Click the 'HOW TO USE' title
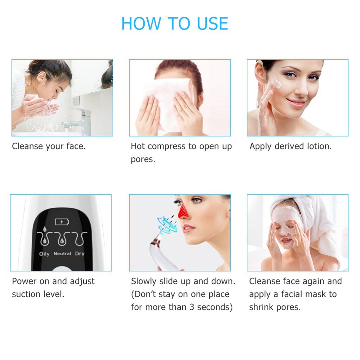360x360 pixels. pos(175,24)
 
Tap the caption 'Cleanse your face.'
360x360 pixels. pos(49,146)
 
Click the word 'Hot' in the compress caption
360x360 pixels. pos(138,146)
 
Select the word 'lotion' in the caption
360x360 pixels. pos(318,146)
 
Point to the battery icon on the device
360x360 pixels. pos(62,222)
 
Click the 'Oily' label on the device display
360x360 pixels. pos(44,254)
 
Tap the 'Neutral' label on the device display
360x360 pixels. pos(62,253)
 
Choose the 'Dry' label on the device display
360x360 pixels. pos(79,253)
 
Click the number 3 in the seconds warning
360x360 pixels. pos(191,307)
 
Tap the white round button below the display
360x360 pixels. pos(61,268)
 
